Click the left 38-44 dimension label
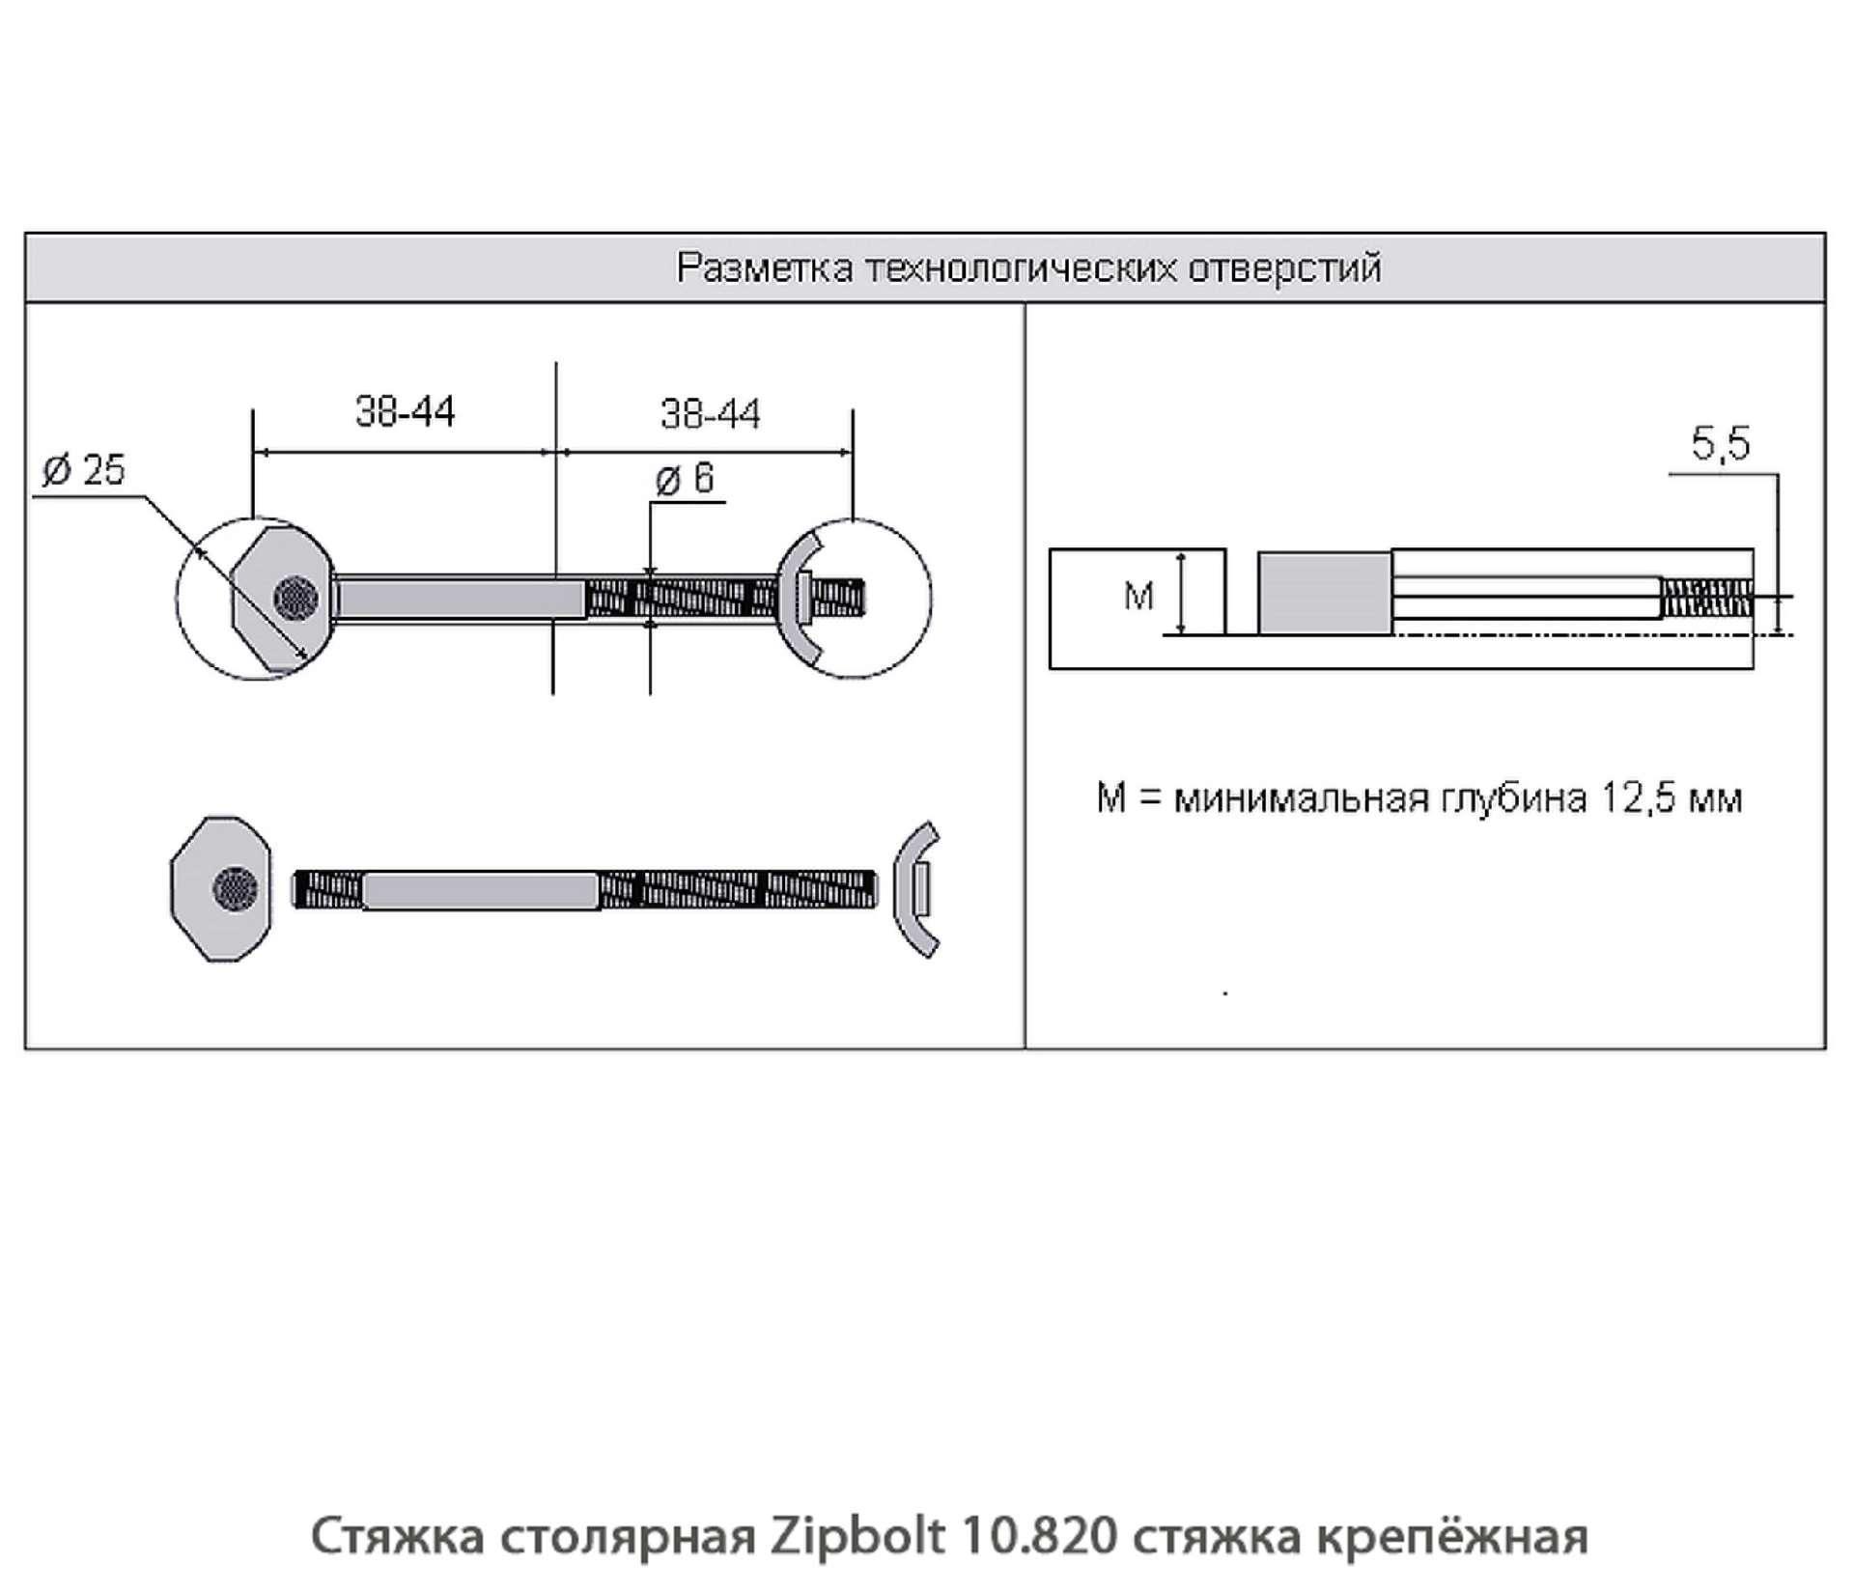[x=405, y=412]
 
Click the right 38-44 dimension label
[x=710, y=414]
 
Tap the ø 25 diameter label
[x=84, y=470]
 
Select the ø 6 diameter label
[x=685, y=479]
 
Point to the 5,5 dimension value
[x=1720, y=444]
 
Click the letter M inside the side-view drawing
[x=1138, y=596]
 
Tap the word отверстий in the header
[x=1284, y=268]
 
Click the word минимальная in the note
[x=1301, y=798]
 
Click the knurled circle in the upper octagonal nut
[x=295, y=599]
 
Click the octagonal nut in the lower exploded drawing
[x=220, y=888]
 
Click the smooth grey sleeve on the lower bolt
[x=480, y=890]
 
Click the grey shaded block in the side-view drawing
[x=1325, y=594]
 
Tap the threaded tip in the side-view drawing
[x=1707, y=598]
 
